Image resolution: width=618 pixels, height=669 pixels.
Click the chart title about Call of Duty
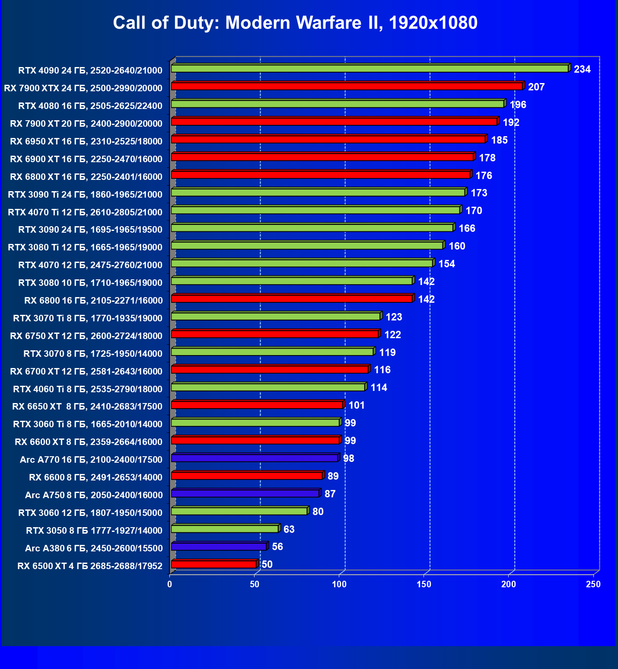[x=295, y=22]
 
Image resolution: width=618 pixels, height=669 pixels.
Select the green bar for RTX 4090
[x=370, y=69]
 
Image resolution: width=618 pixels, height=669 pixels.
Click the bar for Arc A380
[x=219, y=547]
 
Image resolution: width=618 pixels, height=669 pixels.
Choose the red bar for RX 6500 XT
[x=213, y=564]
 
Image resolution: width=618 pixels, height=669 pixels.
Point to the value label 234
[x=582, y=69]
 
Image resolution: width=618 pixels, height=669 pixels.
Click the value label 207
[x=536, y=87]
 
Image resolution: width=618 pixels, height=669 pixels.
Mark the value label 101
[x=357, y=405]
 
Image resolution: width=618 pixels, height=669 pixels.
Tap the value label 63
[x=289, y=529]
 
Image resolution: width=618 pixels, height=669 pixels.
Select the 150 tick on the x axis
[x=424, y=584]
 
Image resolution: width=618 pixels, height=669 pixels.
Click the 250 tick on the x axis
[x=593, y=584]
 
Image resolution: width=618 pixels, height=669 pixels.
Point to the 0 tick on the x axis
[x=170, y=584]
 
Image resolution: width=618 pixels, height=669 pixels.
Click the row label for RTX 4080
[x=90, y=106]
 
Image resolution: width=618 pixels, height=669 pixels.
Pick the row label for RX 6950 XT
[x=86, y=141]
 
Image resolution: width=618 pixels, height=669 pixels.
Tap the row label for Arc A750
[x=94, y=495]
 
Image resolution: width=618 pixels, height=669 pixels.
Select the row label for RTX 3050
[x=94, y=531]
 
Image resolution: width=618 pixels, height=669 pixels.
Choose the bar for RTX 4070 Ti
[x=315, y=210]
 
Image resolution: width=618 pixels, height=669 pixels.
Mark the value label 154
[x=446, y=264]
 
